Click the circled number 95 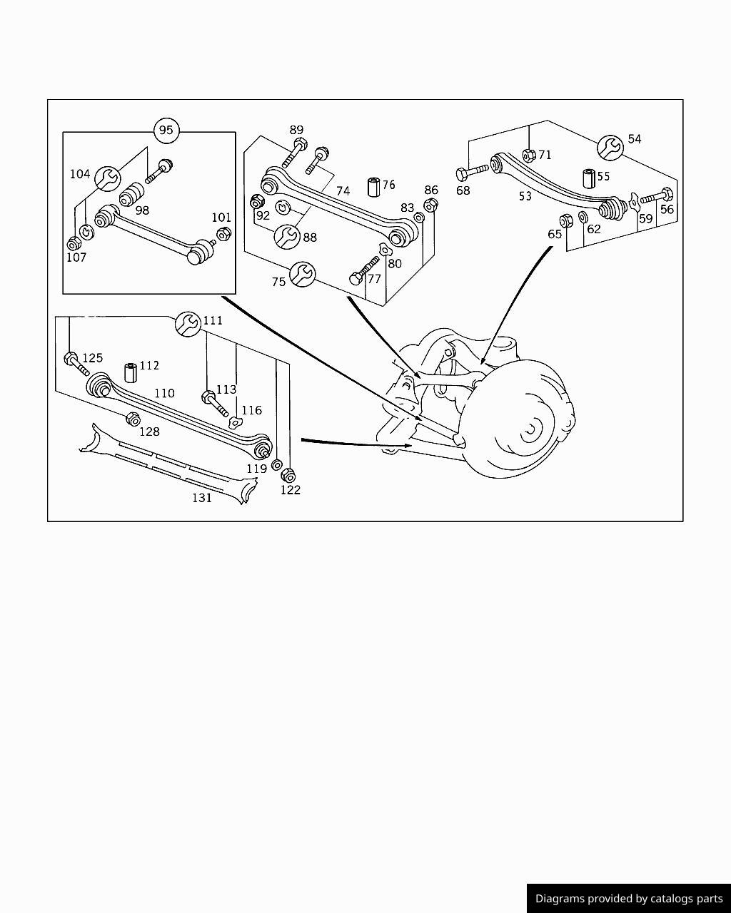click(166, 130)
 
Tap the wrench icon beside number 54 click(610, 148)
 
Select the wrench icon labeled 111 click(187, 324)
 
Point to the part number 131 click(202, 498)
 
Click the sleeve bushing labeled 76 click(374, 187)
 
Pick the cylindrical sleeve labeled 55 click(589, 178)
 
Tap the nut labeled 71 click(528, 155)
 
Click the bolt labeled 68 click(471, 172)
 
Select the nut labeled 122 click(288, 475)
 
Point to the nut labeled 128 click(133, 419)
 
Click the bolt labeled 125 click(76, 364)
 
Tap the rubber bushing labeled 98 click(131, 194)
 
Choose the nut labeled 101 click(224, 233)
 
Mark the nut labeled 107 click(74, 243)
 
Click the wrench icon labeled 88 click(287, 237)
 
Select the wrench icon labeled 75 click(303, 274)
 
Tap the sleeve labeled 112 click(131, 372)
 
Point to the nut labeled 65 click(566, 220)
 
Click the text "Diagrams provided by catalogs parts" click(629, 899)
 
